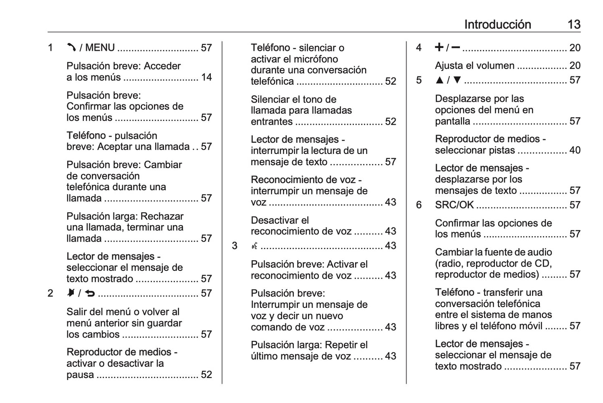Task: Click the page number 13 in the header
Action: click(574, 25)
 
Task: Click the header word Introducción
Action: click(497, 25)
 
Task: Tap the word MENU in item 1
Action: click(100, 48)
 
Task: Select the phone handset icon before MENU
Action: click(71, 48)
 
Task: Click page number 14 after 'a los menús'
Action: click(207, 77)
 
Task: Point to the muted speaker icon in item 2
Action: click(71, 293)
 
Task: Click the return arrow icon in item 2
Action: click(90, 293)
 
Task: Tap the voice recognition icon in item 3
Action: click(254, 246)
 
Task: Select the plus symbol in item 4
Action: click(439, 47)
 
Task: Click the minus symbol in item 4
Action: click(456, 47)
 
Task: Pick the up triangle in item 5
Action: click(439, 80)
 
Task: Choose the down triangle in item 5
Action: click(457, 80)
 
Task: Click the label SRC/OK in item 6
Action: click(454, 205)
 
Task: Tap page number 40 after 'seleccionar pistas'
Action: click(575, 150)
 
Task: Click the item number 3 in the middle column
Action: click(235, 246)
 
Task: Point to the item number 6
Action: click(419, 205)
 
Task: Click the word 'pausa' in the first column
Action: click(80, 375)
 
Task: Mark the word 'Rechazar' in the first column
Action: click(162, 217)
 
